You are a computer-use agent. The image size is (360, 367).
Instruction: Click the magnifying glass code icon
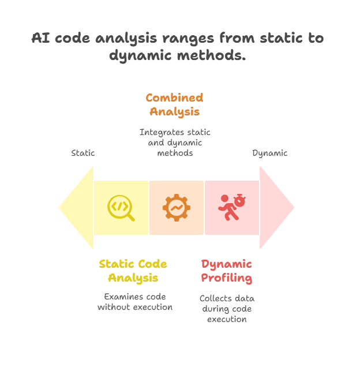tap(120, 207)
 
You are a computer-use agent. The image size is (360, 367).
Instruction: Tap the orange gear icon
tap(177, 208)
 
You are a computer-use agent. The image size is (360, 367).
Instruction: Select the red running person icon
tap(228, 208)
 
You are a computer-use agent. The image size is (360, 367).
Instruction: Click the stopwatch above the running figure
tap(239, 200)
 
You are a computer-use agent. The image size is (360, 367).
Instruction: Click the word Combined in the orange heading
tap(174, 98)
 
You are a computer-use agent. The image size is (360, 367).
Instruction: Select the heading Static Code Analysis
tap(133, 271)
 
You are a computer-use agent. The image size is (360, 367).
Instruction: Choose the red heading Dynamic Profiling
tap(227, 271)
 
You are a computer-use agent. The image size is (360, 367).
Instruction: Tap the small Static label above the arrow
tap(83, 153)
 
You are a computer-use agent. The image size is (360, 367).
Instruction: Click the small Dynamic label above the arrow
tap(269, 153)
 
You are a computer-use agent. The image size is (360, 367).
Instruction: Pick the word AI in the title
tap(41, 38)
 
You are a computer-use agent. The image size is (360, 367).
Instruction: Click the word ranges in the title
tap(188, 39)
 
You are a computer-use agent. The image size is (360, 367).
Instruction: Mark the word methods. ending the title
tap(212, 55)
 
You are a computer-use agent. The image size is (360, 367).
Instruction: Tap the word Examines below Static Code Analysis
tap(121, 297)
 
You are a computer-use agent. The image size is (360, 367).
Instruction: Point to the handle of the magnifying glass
tap(130, 217)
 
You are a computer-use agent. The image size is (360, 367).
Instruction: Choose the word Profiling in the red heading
tap(227, 278)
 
